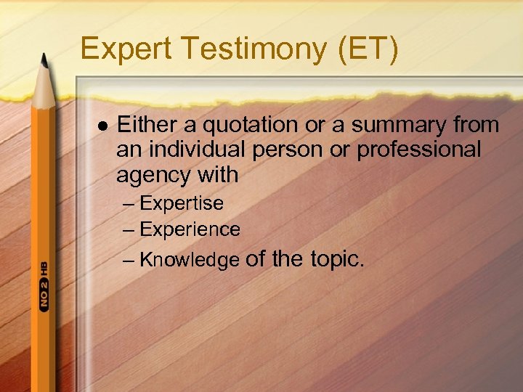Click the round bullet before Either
pyautogui.click(x=101, y=126)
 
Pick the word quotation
pyautogui.click(x=251, y=125)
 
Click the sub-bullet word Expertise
pyautogui.click(x=182, y=203)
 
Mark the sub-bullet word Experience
pyautogui.click(x=190, y=229)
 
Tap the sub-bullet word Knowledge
pyautogui.click(x=189, y=259)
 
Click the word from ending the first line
pyautogui.click(x=475, y=125)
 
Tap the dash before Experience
pyautogui.click(x=129, y=229)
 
